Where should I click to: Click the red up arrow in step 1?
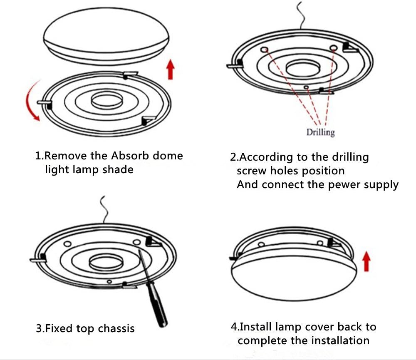point(170,69)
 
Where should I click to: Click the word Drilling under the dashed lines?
point(320,132)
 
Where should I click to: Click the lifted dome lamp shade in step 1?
point(106,35)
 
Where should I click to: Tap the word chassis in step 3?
point(116,328)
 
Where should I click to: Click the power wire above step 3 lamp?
point(104,210)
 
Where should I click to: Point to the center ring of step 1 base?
point(107,100)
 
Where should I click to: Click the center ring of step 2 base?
point(302,69)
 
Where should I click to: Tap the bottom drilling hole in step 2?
point(306,87)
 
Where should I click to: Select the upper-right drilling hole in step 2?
point(333,48)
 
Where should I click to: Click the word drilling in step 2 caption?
point(350,157)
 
